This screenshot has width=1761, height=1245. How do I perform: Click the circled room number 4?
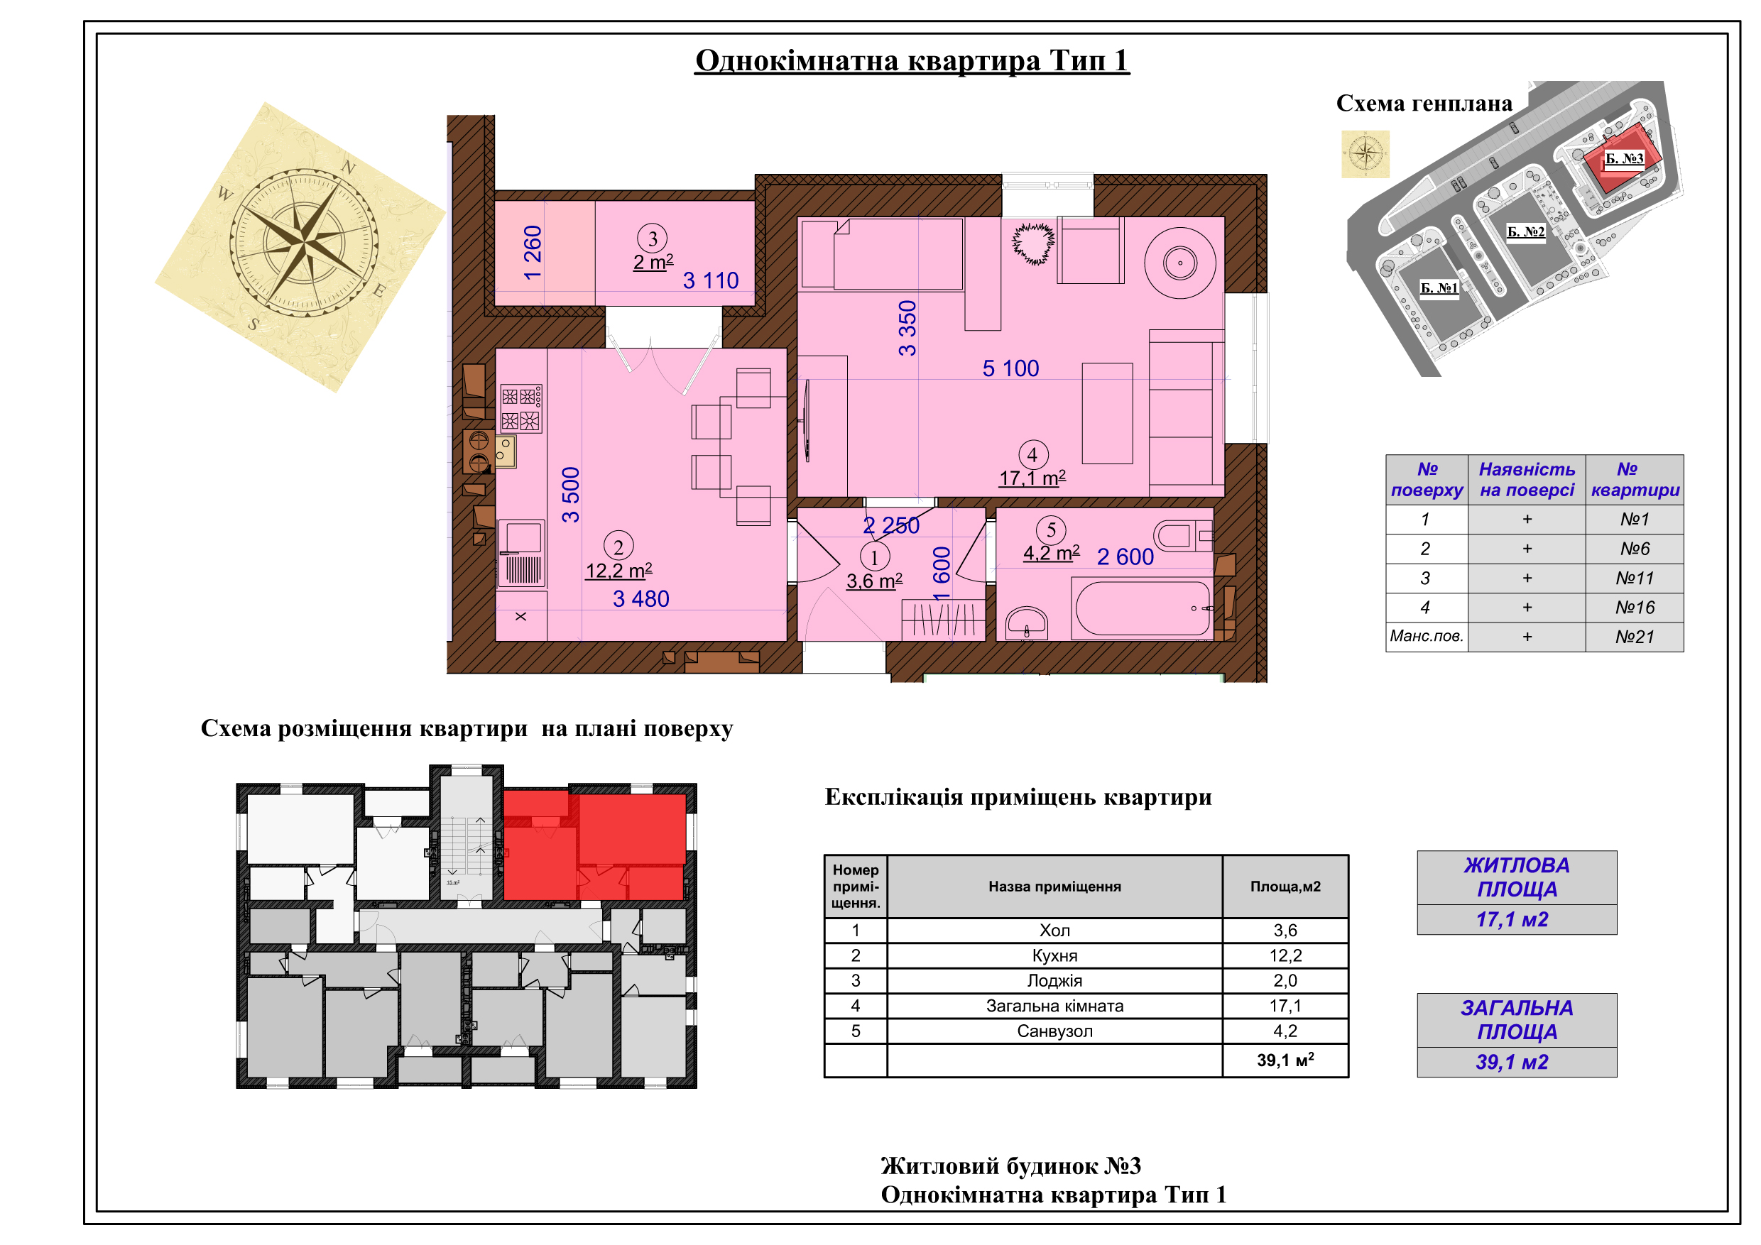tap(1032, 454)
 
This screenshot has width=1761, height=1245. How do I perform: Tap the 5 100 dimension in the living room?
tap(1011, 369)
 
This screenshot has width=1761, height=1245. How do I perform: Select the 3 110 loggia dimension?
tap(711, 280)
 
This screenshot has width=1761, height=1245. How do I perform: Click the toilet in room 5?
tap(1183, 535)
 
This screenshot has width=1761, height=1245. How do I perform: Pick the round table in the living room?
tap(1179, 263)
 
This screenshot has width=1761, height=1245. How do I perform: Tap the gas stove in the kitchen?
tap(521, 408)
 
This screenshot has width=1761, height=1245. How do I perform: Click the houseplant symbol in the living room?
tap(1033, 243)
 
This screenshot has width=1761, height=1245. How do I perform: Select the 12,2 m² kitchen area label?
tap(619, 571)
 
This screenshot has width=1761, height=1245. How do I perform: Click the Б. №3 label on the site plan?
tap(1625, 159)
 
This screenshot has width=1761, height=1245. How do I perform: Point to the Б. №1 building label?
tap(1439, 288)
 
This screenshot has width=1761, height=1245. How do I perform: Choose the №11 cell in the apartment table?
tap(1635, 578)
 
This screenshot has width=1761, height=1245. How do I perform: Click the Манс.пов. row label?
tap(1427, 636)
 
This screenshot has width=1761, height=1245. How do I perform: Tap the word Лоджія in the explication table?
tap(1054, 980)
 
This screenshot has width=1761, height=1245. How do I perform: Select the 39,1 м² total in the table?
tap(1285, 1060)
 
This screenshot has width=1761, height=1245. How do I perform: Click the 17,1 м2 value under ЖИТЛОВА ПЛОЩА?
tap(1512, 920)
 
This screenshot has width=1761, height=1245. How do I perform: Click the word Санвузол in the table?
tap(1054, 1031)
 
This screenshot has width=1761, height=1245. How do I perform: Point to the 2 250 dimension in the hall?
tap(891, 525)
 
